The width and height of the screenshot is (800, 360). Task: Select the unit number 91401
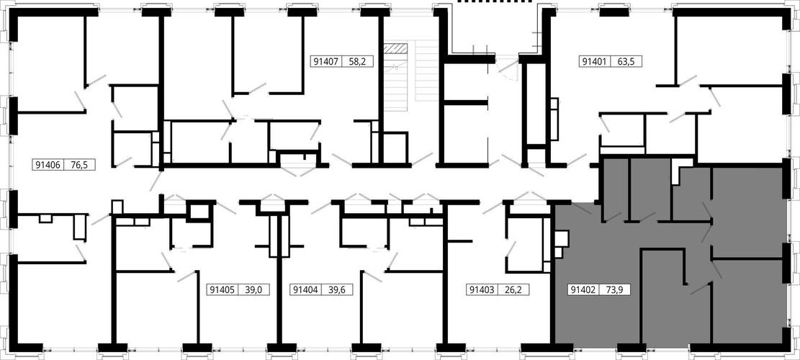coord(593,62)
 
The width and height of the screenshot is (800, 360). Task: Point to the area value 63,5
coord(626,62)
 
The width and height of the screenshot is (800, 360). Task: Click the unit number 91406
coord(48,165)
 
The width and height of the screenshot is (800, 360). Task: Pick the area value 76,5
coord(80,165)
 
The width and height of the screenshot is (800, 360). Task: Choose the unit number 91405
coord(222,290)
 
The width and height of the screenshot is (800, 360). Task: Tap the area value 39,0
coord(253,290)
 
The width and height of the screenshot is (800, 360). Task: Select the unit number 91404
coord(305,290)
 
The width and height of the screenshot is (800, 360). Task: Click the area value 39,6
coord(337,290)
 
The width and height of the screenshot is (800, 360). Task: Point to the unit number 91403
coord(480,290)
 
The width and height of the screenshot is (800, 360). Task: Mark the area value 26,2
coord(513,290)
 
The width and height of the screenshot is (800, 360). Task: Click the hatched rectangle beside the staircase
coord(397,48)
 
